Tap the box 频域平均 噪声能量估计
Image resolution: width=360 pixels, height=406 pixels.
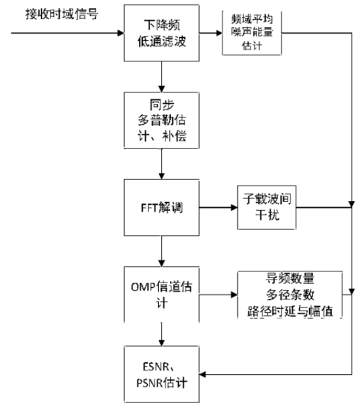click(254, 33)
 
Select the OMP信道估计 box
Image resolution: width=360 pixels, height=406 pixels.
click(160, 293)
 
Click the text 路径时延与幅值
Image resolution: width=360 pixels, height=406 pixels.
click(289, 310)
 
